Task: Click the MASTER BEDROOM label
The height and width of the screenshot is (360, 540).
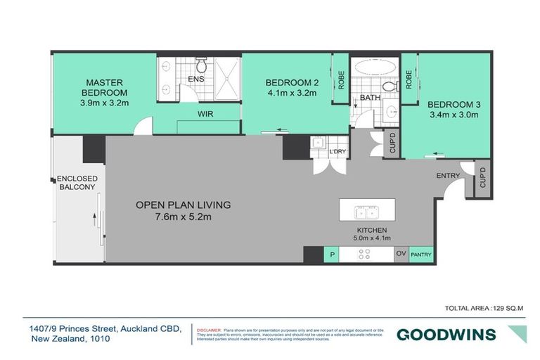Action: point(105,87)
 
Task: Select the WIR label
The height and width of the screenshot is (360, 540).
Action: point(205,113)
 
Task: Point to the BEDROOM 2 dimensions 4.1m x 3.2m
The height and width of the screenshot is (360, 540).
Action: point(293,92)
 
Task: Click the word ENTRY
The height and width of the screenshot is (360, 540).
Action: point(447,176)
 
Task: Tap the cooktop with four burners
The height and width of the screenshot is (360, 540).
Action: point(365,255)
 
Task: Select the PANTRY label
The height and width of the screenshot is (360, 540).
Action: point(420,255)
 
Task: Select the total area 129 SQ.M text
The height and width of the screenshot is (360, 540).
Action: point(484,309)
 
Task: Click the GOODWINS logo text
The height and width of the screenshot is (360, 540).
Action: point(446,334)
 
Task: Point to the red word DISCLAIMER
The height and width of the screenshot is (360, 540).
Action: point(209,329)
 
